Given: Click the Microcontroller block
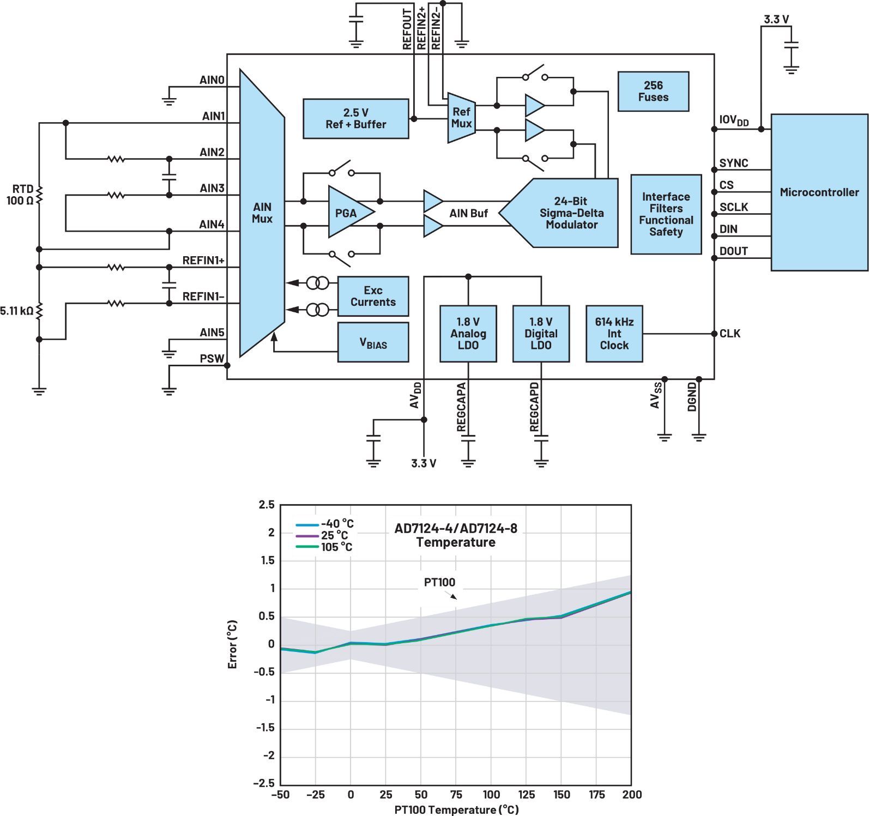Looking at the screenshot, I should [819, 192].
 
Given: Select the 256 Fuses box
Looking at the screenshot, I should [653, 92].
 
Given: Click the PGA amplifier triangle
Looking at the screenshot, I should [347, 213].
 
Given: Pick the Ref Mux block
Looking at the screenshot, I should [461, 118].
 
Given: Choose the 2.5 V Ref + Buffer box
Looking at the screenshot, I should [355, 119].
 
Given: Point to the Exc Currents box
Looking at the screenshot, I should [373, 297].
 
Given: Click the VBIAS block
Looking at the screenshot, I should [373, 343].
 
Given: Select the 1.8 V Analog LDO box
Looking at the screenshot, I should [468, 334].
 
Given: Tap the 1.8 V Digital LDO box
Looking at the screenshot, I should [541, 334].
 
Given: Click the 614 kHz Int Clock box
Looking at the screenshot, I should [614, 334].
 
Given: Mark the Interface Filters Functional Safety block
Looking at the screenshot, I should [666, 214].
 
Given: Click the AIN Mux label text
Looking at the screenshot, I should [262, 213].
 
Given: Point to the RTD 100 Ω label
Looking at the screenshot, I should [21, 195].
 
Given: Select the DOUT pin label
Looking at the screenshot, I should [733, 251].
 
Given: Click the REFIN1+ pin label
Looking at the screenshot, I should [203, 261].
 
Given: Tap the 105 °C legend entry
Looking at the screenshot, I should [325, 547].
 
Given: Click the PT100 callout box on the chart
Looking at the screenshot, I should [440, 588].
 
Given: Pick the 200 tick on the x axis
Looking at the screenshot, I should [632, 795].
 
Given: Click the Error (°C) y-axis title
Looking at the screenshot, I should [233, 644].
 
